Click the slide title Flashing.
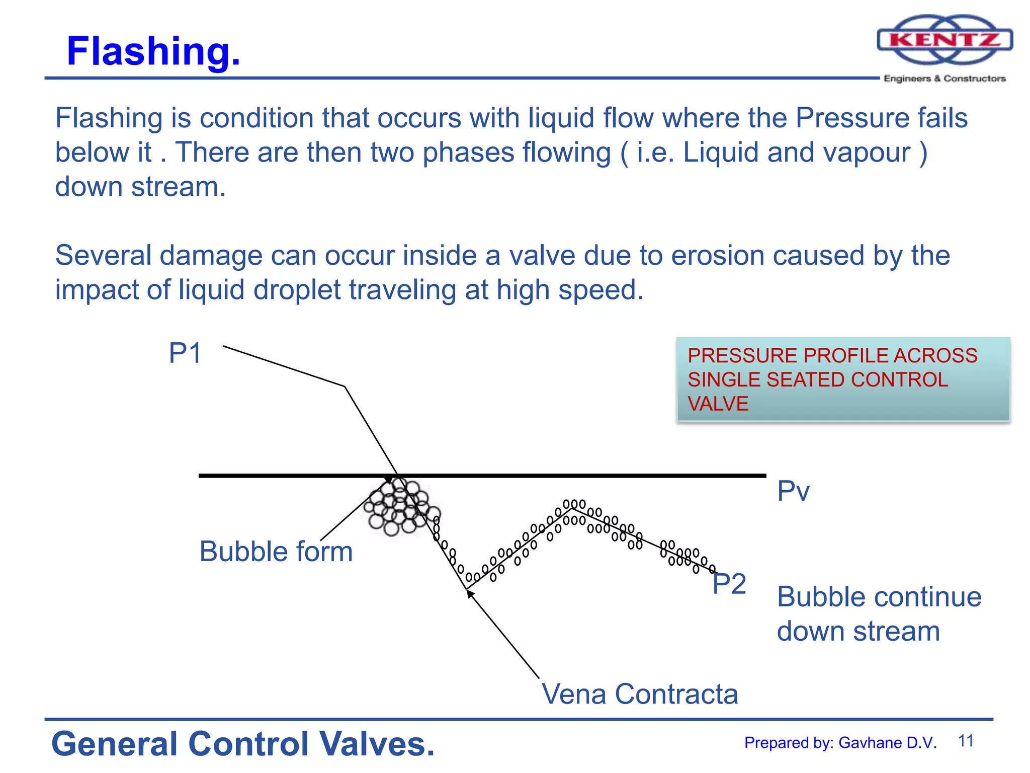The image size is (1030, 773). (153, 51)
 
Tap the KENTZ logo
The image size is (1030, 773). (945, 40)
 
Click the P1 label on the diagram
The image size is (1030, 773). (185, 353)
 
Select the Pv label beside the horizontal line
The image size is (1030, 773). (793, 491)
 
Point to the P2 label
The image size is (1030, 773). (729, 584)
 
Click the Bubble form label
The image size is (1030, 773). (276, 552)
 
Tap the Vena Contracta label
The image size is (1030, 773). (640, 694)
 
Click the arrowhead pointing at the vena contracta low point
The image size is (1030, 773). (470, 593)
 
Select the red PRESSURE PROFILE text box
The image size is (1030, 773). (843, 379)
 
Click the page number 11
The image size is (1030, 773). (966, 741)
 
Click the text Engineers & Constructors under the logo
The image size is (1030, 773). (945, 79)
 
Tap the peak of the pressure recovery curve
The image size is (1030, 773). (572, 508)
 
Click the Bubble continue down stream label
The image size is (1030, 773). (879, 614)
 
